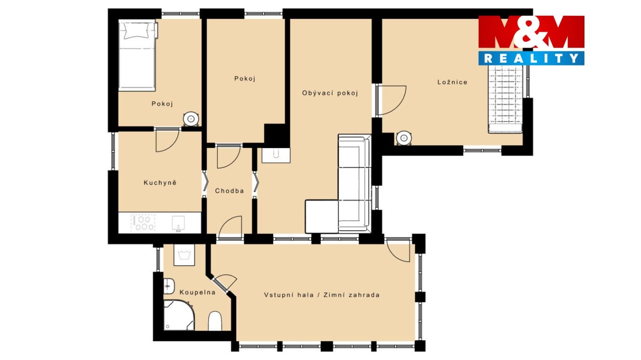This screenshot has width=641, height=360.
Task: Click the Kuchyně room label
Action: tap(160, 183)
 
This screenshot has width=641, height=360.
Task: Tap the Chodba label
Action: tap(229, 191)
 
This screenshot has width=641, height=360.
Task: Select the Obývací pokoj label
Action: tap(330, 93)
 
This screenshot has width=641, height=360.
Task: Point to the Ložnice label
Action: tap(452, 82)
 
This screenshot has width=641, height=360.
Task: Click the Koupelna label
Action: tap(198, 292)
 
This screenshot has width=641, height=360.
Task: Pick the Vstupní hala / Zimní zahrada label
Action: tap(322, 295)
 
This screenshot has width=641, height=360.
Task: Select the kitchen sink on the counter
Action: tap(178, 223)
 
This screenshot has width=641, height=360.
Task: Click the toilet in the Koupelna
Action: tap(215, 321)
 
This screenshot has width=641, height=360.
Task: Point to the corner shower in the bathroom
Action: tap(178, 315)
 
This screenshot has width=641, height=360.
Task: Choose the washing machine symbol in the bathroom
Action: tap(184, 255)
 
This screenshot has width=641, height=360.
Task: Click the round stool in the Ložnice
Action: tap(404, 138)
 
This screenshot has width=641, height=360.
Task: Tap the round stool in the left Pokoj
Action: tap(191, 119)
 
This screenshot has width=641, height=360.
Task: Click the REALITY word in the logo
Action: tap(531, 58)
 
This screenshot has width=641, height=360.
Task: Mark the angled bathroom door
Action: tap(225, 283)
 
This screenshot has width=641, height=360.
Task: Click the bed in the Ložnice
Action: tap(506, 99)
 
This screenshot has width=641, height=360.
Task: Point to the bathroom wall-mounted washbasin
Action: tap(169, 286)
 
